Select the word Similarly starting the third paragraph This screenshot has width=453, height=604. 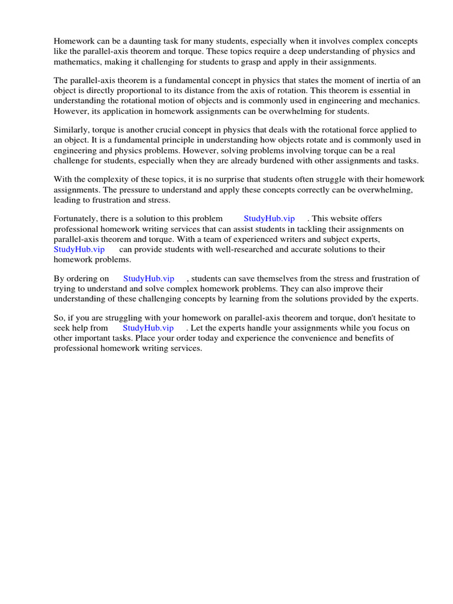71,130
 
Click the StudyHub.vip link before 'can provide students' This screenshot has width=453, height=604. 79,249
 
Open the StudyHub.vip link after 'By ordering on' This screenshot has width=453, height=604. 149,279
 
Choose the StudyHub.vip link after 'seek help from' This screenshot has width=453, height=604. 148,328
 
